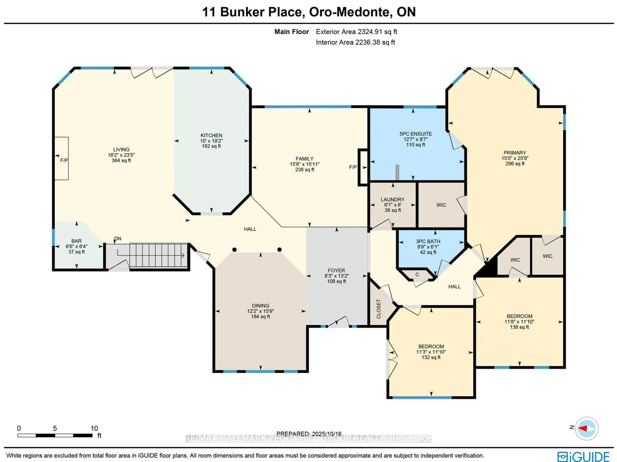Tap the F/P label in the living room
click(64, 160)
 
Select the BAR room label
click(76, 241)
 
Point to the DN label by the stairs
click(118, 238)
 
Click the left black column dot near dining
click(234, 249)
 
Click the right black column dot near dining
click(279, 249)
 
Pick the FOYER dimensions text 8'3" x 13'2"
click(336, 276)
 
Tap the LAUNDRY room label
click(393, 199)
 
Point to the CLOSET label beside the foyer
click(379, 309)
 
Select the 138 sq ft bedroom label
click(519, 327)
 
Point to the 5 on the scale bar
click(55, 428)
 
